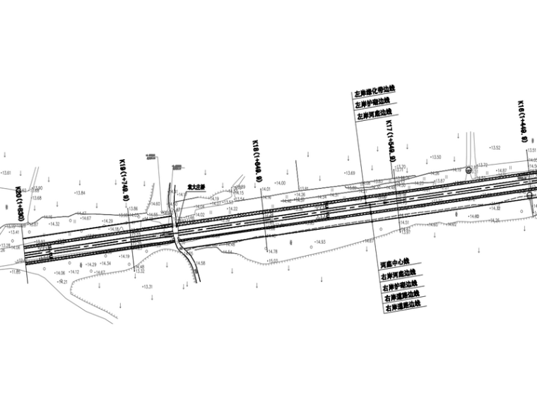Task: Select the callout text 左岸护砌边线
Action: (x=372, y=103)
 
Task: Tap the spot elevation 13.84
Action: (x=79, y=193)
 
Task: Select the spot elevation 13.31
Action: (x=148, y=286)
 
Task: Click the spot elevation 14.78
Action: (x=273, y=252)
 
